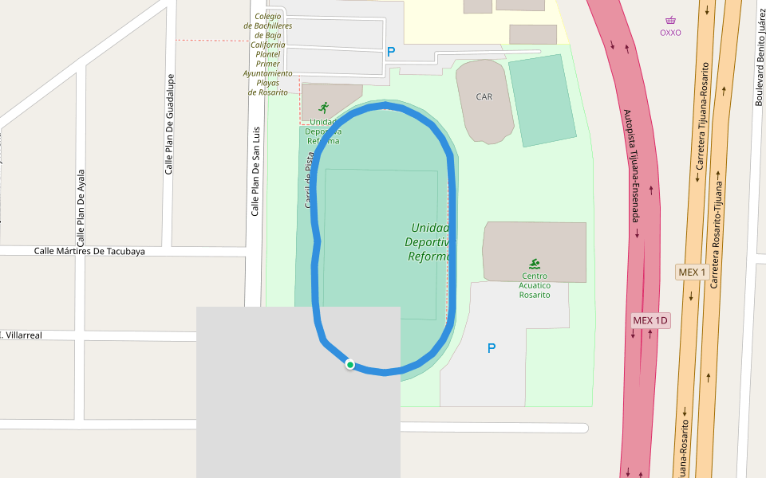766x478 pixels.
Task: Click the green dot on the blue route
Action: pyautogui.click(x=349, y=365)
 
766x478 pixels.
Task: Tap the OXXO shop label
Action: pyautogui.click(x=670, y=33)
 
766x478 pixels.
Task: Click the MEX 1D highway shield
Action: pyautogui.click(x=650, y=320)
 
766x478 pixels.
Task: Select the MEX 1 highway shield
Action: pyautogui.click(x=692, y=272)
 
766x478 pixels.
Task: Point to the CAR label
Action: pyautogui.click(x=484, y=96)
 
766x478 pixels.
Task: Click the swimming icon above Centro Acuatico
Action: pyautogui.click(x=534, y=264)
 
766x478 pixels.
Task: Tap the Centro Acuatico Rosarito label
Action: pyautogui.click(x=535, y=285)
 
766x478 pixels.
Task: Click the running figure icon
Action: pyautogui.click(x=323, y=108)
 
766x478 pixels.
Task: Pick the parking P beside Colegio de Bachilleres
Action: pyautogui.click(x=391, y=52)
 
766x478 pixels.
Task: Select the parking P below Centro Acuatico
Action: pyautogui.click(x=492, y=348)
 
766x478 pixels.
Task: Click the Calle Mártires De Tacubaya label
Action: pyautogui.click(x=89, y=251)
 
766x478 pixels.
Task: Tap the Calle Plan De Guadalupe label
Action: pyautogui.click(x=169, y=124)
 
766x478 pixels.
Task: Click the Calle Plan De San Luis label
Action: pyautogui.click(x=255, y=171)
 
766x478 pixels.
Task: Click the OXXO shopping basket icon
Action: pyautogui.click(x=670, y=20)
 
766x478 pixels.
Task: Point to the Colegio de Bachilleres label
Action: pyautogui.click(x=268, y=53)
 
